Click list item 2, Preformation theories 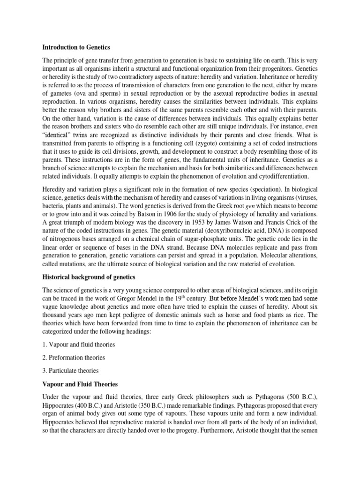pos(74,357)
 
